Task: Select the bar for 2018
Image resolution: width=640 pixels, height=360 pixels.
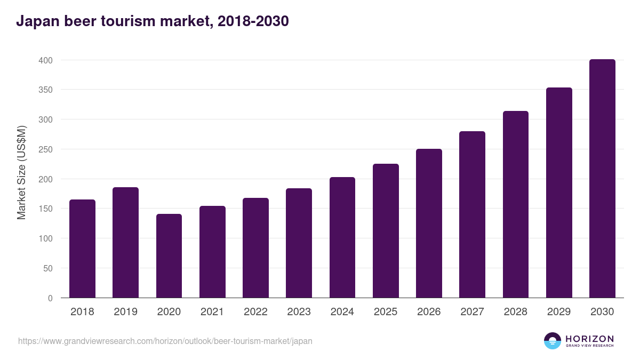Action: (x=82, y=249)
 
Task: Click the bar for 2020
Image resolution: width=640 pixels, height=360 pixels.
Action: (x=169, y=256)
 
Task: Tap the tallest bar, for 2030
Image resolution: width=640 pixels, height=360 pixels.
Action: (x=602, y=179)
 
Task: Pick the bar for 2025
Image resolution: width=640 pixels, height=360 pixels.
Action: (x=386, y=230)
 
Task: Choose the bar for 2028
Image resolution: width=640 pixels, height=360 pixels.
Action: (x=516, y=204)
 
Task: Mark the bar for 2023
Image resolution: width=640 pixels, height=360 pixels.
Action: (x=299, y=243)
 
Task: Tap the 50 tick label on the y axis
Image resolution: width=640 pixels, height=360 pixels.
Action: (x=48, y=268)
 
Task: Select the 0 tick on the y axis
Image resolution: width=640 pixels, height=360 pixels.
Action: (x=50, y=298)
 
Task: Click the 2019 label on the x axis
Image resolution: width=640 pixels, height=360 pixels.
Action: (x=125, y=312)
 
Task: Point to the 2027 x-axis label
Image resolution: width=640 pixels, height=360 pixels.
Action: (x=472, y=312)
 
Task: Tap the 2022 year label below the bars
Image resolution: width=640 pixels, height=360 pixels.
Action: (x=255, y=312)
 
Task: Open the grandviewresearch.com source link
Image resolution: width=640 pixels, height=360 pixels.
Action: (x=165, y=341)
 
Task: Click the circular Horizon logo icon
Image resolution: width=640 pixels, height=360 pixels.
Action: (x=553, y=341)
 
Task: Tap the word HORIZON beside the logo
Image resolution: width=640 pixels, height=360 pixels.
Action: (x=589, y=338)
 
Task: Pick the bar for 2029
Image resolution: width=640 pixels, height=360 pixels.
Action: (x=559, y=193)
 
